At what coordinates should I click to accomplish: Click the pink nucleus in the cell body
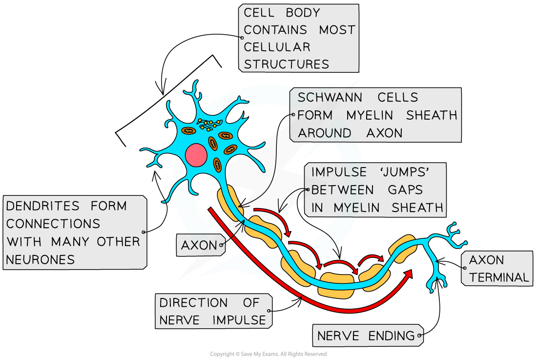(x=196, y=154)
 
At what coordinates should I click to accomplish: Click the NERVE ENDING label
(x=366, y=336)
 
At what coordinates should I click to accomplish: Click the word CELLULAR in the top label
(x=277, y=47)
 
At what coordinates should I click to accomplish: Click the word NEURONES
(x=41, y=259)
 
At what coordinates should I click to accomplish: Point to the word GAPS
(x=409, y=190)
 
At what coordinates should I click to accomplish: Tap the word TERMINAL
(x=498, y=277)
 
